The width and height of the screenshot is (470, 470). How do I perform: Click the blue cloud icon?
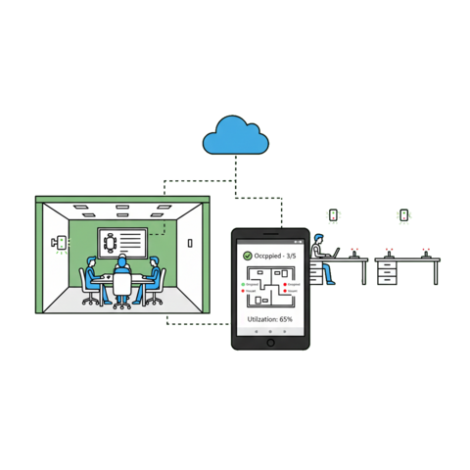tap(234, 138)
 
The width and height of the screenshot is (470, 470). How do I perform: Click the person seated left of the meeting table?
tap(92, 278)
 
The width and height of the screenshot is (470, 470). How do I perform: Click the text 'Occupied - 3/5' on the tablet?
tap(278, 256)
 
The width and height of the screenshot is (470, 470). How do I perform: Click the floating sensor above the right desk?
tap(401, 214)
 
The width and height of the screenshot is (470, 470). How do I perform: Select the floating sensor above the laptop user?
tap(333, 214)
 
